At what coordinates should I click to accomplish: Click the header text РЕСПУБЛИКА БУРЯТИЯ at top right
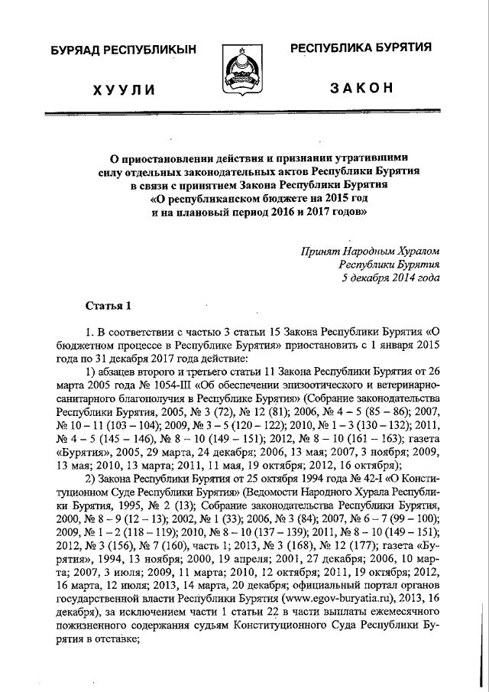point(361,48)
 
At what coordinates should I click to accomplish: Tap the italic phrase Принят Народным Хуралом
point(371,250)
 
